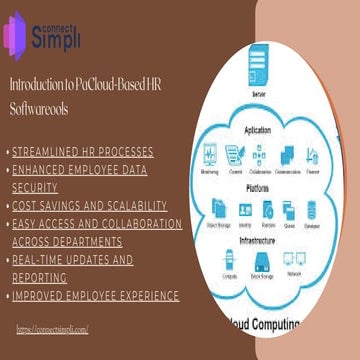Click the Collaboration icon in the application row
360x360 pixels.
point(263,154)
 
